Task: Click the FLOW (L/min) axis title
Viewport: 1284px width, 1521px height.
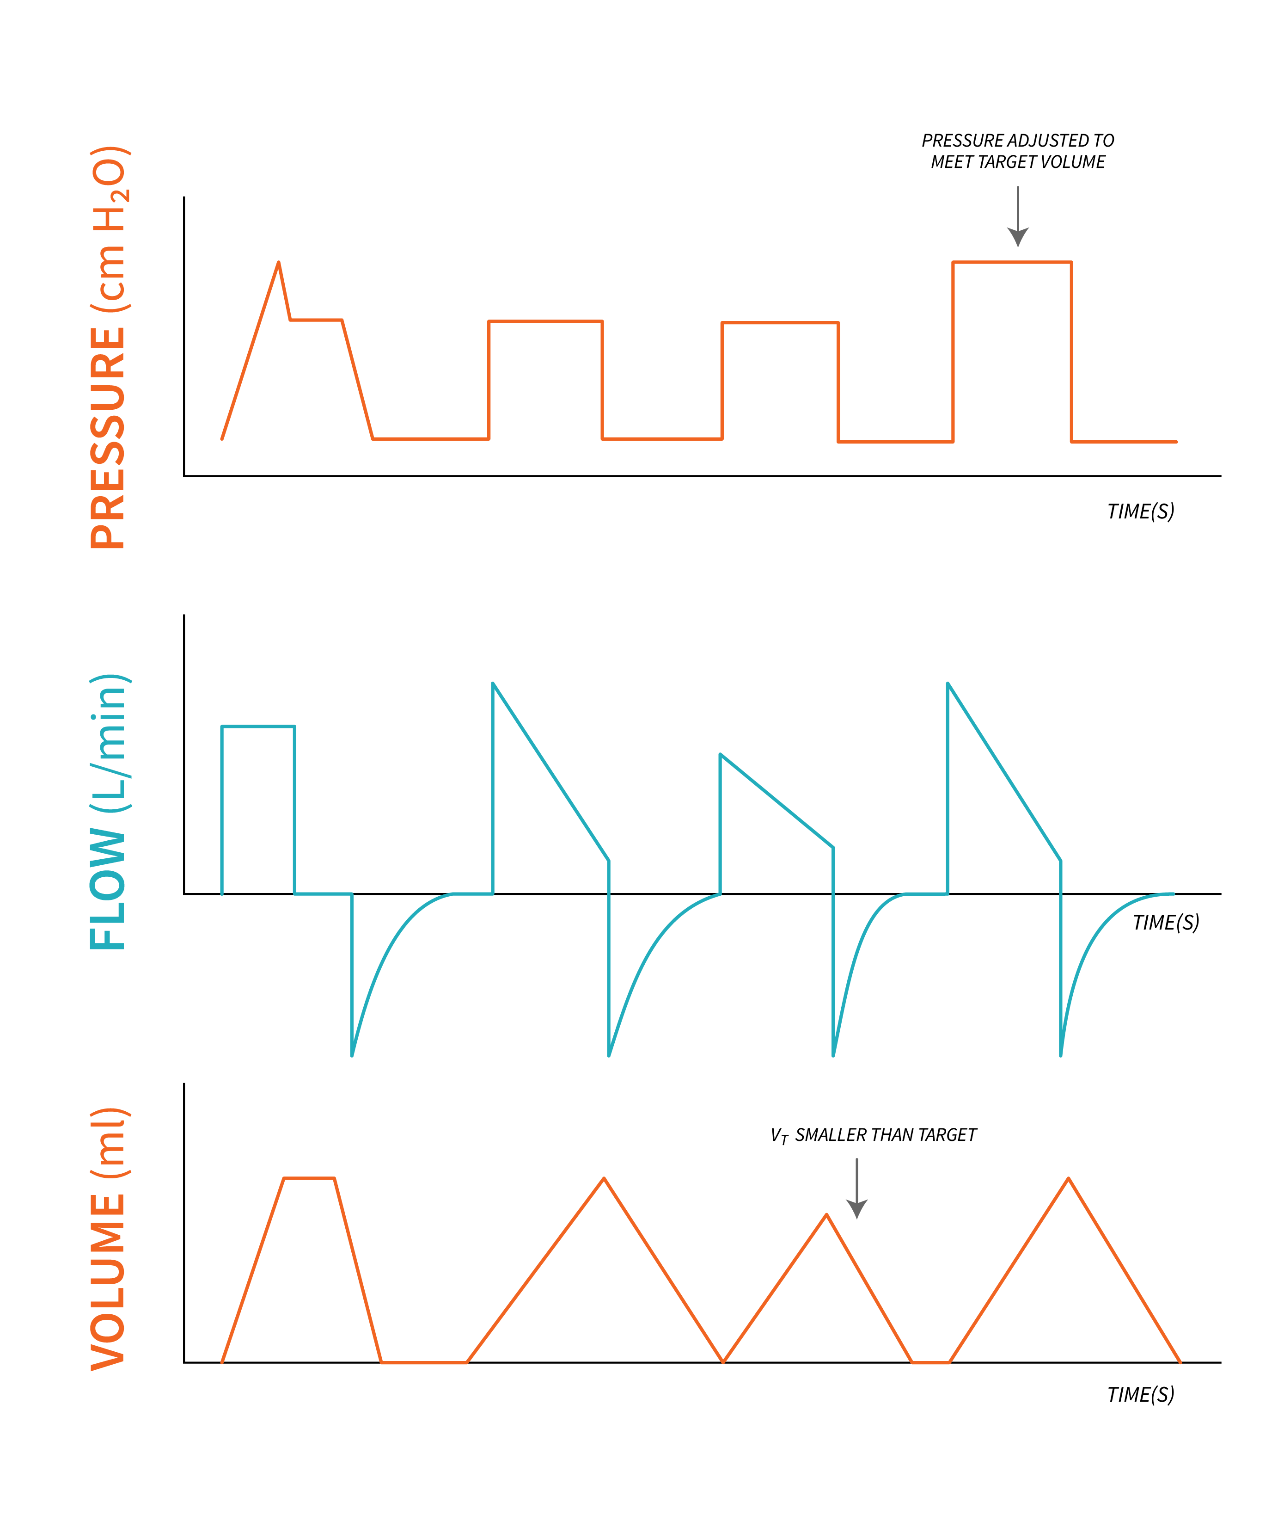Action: pyautogui.click(x=109, y=811)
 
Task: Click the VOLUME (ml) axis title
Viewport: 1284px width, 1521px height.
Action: pyautogui.click(x=109, y=1238)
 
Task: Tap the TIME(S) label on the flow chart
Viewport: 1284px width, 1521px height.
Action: pyautogui.click(x=1165, y=923)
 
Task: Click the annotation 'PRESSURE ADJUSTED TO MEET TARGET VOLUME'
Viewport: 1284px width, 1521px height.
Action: pyautogui.click(x=1018, y=151)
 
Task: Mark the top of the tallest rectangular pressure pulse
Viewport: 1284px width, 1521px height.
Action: pyautogui.click(x=1012, y=262)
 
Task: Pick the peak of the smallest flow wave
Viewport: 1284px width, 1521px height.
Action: pyautogui.click(x=721, y=755)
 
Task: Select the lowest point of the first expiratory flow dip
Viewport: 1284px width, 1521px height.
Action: pyautogui.click(x=352, y=1055)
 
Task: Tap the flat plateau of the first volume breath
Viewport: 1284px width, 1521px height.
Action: pyautogui.click(x=309, y=1178)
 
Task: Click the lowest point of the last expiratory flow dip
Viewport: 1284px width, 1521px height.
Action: pyautogui.click(x=1061, y=1055)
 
